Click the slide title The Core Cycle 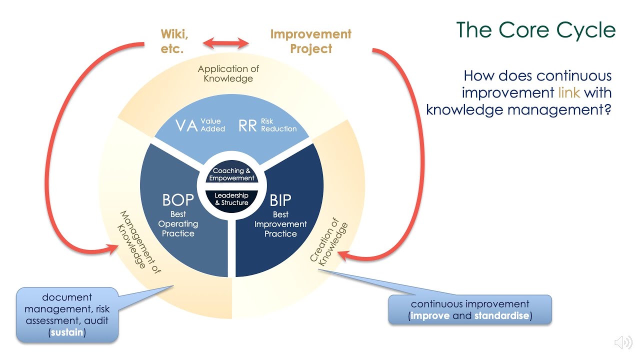tap(535, 30)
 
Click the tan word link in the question tap(569, 92)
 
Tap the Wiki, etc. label tap(174, 41)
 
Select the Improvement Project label tap(310, 41)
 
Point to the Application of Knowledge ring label tap(228, 73)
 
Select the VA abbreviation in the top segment tap(186, 125)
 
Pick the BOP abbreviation tap(178, 200)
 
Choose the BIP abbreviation tap(280, 200)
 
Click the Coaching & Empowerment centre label tap(231, 174)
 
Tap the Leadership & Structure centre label tap(231, 199)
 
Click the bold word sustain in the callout tap(67, 332)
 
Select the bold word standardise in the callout tap(501, 315)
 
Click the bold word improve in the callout tap(430, 315)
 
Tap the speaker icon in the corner tap(623, 342)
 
